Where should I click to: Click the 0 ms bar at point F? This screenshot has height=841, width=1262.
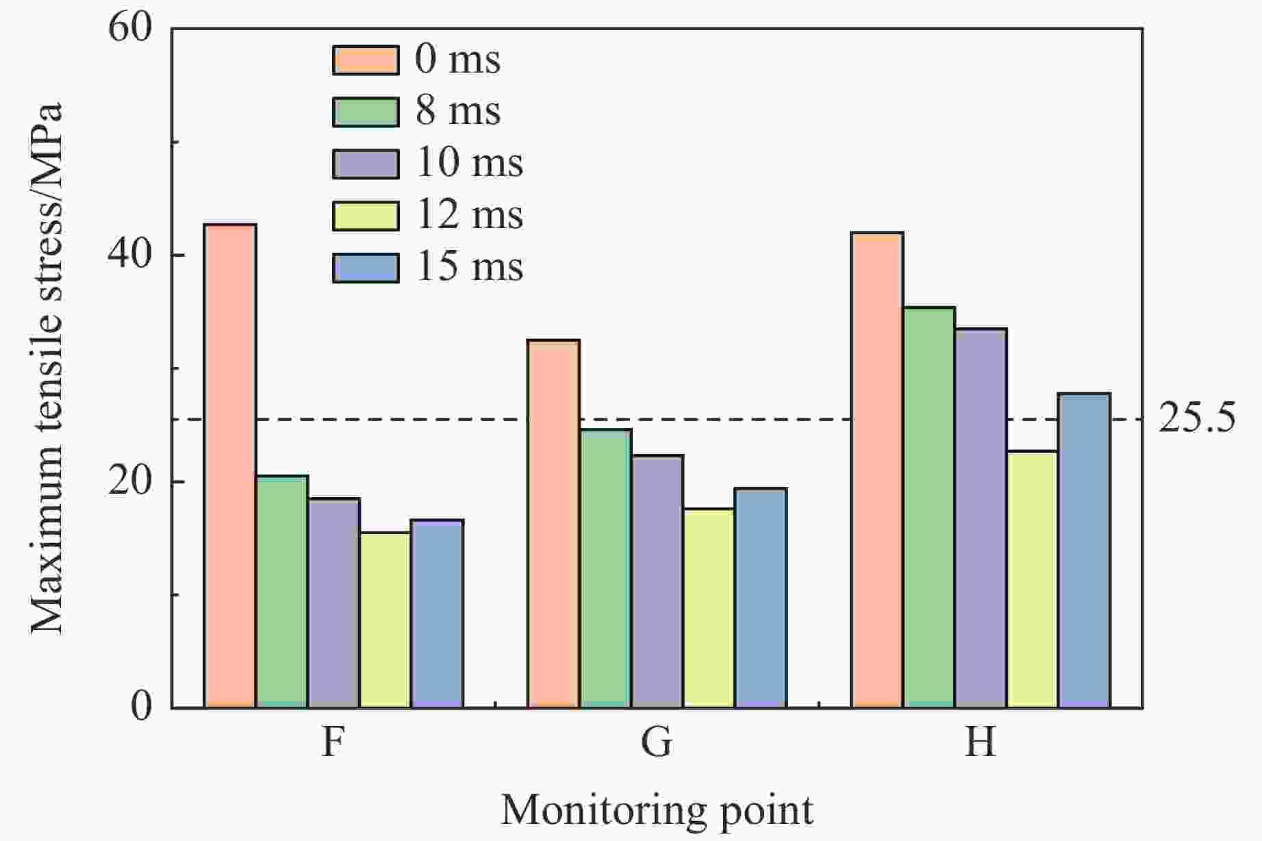(x=230, y=466)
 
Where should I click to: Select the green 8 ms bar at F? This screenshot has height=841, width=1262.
(x=282, y=591)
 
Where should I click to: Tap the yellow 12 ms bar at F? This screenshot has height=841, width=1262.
(x=385, y=620)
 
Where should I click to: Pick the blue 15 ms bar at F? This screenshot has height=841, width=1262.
(x=437, y=613)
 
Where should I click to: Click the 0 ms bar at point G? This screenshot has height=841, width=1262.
(x=554, y=523)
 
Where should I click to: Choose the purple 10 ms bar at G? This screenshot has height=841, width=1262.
(x=657, y=581)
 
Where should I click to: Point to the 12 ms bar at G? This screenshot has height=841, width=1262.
(x=709, y=607)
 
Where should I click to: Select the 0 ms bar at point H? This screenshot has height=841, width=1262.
(x=877, y=470)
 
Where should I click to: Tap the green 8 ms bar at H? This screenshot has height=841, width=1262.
(x=929, y=507)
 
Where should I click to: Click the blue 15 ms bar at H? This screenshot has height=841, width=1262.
(x=1084, y=550)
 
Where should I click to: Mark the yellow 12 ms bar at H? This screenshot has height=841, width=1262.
(x=1032, y=579)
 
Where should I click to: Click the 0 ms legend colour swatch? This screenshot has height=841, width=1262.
(x=366, y=60)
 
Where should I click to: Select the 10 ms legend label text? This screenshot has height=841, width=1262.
(x=470, y=163)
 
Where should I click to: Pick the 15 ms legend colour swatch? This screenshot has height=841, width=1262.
(x=366, y=268)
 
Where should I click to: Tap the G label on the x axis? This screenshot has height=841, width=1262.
(x=657, y=742)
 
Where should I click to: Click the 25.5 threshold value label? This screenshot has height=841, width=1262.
(x=1197, y=419)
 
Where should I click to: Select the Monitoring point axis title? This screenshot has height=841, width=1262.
(x=657, y=810)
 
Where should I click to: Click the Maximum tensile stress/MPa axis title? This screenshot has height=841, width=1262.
(x=47, y=368)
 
